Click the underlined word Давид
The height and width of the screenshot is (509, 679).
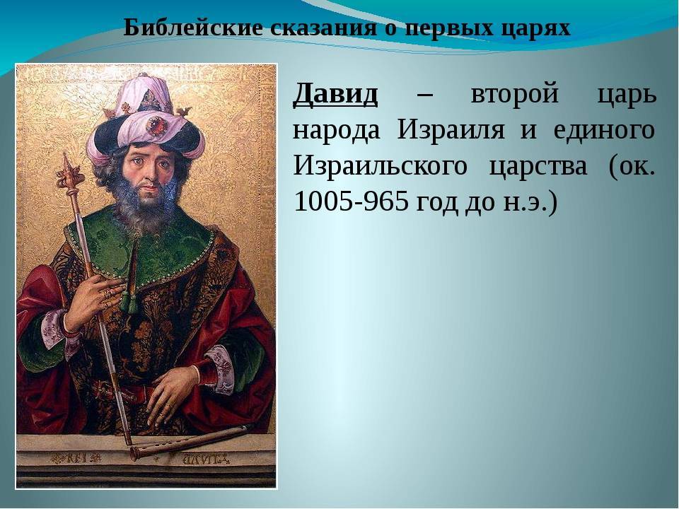coord(335,94)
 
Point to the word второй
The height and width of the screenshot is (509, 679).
coord(514,95)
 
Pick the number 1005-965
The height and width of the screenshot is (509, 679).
coord(352,201)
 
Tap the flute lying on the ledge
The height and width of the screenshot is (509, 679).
coord(190,440)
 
